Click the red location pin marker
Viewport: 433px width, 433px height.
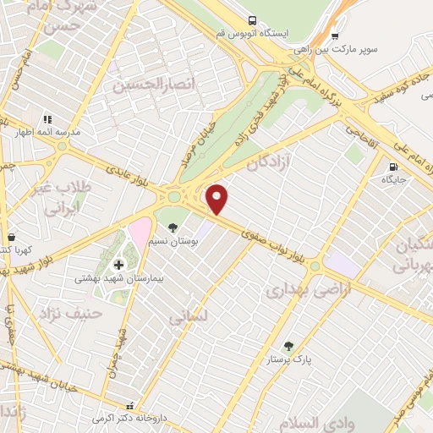(x=217, y=199)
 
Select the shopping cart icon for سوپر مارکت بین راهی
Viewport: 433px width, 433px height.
(x=336, y=36)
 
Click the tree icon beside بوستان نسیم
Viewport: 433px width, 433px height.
(x=173, y=227)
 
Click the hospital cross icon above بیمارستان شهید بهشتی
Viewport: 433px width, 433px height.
(x=118, y=265)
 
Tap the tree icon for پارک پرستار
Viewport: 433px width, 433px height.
(x=288, y=345)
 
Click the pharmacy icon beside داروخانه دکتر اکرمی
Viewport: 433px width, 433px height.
(x=129, y=405)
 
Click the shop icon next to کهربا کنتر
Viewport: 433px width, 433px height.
(x=11, y=238)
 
